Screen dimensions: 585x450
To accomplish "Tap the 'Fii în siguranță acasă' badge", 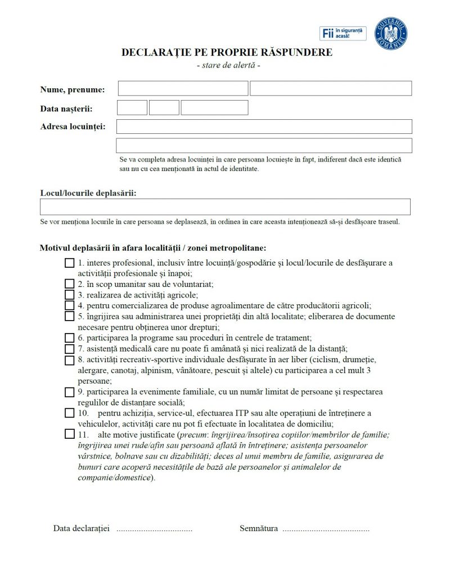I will tap(343, 33).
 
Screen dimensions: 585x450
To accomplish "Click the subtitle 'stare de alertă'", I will tap(228, 65).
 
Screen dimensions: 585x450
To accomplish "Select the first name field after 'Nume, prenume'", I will tap(183, 88).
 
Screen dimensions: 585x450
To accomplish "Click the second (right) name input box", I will tap(331, 88).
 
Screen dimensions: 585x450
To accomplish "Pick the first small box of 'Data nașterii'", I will tap(132, 107).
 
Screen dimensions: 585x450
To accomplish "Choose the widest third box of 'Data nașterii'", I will tap(214, 107).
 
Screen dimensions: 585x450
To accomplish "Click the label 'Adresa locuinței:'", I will tap(73, 127).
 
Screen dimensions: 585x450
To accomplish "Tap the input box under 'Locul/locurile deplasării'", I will tap(225, 206).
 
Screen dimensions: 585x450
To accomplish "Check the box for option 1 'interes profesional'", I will tap(69, 263).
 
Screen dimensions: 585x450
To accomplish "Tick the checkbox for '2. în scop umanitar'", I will tap(69, 284).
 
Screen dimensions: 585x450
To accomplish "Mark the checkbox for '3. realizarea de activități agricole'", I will tap(69, 295).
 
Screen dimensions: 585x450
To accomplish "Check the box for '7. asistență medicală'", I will tap(69, 349).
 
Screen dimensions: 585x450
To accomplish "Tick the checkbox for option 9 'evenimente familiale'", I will tap(69, 392).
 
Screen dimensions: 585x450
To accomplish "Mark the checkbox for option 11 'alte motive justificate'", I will tap(69, 434).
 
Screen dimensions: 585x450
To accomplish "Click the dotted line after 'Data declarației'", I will tap(154, 529).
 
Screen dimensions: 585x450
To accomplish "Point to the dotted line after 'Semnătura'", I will tap(326, 529).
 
